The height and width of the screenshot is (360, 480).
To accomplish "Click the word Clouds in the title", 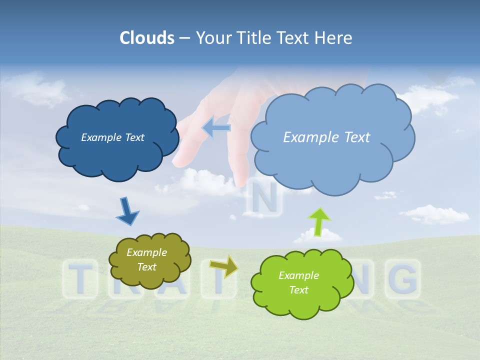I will tap(146, 38).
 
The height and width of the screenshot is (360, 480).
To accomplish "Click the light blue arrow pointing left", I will tap(216, 128).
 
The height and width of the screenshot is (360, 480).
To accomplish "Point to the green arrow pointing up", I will tap(319, 221).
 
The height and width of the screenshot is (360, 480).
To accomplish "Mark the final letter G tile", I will tap(403, 278).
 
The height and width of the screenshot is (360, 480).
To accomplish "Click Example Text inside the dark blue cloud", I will tap(112, 137).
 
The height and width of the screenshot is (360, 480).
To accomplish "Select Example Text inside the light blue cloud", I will tap(326, 137).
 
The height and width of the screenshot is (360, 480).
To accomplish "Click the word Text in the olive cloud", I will tap(146, 267).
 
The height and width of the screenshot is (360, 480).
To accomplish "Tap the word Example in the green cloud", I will tap(298, 275).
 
